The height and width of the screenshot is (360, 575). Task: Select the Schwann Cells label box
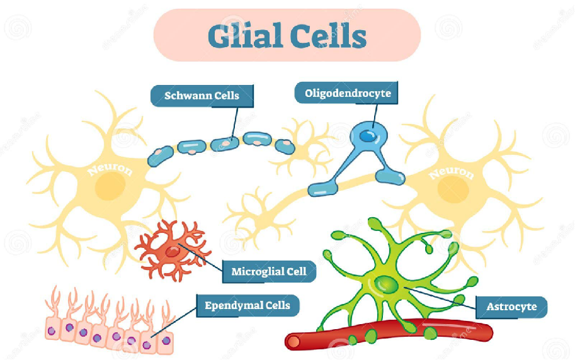point(202,96)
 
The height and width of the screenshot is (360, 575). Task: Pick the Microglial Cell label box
point(269,272)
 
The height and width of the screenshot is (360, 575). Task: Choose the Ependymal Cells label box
point(247,306)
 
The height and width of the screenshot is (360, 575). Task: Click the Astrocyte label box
point(511,307)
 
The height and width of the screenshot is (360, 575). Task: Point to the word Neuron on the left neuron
point(110,171)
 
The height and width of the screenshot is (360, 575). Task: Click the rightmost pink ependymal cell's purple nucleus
point(166,340)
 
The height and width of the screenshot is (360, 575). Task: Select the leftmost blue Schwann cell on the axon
point(159,156)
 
